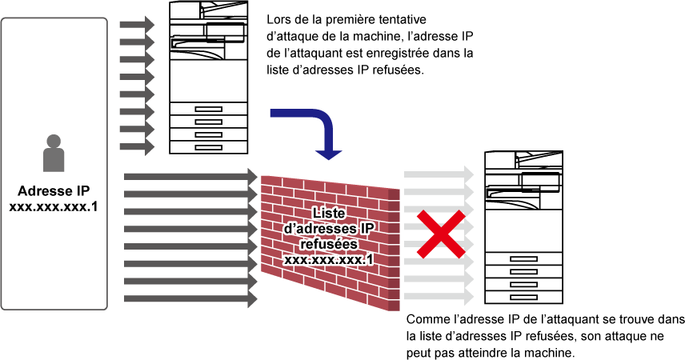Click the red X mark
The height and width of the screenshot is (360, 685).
pyautogui.click(x=440, y=234)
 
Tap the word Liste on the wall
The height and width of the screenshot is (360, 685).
pyautogui.click(x=328, y=214)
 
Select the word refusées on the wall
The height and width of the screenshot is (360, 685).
pyautogui.click(x=328, y=244)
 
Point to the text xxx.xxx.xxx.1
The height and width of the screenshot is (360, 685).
pyautogui.click(x=328, y=259)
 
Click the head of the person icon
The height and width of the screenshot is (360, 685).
pyautogui.click(x=54, y=142)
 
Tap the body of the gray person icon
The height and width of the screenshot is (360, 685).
pyautogui.click(x=54, y=160)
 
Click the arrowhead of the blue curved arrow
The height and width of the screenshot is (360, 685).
pyautogui.click(x=328, y=153)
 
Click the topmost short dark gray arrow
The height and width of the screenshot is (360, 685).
pyautogui.click(x=136, y=25)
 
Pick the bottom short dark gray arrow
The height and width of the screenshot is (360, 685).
pyautogui.click(x=136, y=147)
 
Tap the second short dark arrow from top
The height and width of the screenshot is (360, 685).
pyautogui.click(x=136, y=42)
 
